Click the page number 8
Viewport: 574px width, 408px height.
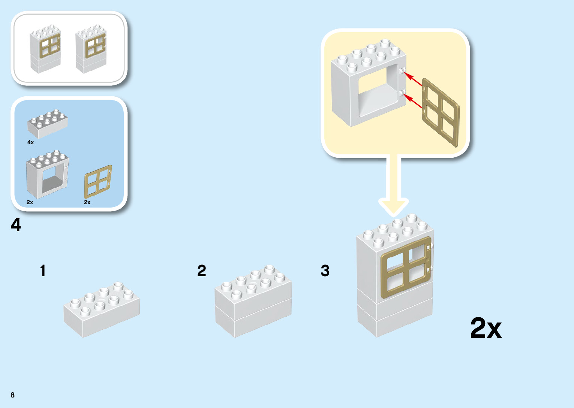tap(13, 395)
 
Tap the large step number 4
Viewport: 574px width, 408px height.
tap(16, 225)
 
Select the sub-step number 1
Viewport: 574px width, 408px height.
tap(43, 271)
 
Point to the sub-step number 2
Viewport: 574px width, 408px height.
tap(202, 271)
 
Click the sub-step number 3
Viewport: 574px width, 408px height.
tap(325, 271)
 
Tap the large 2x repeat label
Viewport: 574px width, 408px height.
tap(486, 328)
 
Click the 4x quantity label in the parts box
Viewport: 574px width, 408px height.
tap(31, 142)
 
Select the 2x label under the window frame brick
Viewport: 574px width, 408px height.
tap(30, 202)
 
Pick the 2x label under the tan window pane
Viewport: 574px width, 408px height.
tap(87, 202)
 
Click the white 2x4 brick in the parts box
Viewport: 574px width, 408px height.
tap(48, 124)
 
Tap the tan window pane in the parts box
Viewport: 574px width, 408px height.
tap(98, 181)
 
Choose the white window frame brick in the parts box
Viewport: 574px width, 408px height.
tap(47, 175)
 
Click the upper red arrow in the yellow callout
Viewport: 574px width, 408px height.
tap(414, 79)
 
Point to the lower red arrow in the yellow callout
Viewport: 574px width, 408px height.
tap(414, 101)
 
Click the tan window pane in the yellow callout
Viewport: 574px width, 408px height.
tap(441, 112)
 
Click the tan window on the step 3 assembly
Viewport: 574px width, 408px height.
tap(406, 267)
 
